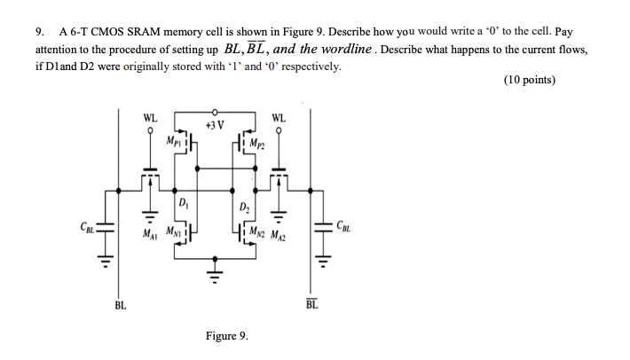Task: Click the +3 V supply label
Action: [x=214, y=125]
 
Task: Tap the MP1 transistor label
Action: [x=173, y=140]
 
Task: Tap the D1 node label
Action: [x=182, y=203]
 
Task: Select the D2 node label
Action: [x=244, y=208]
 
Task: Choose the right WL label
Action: [x=280, y=117]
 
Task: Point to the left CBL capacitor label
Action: [x=87, y=227]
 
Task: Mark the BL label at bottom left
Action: [x=119, y=306]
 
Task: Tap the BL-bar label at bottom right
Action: [x=311, y=306]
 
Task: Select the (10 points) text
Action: [x=529, y=80]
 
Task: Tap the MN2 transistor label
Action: [x=258, y=235]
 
